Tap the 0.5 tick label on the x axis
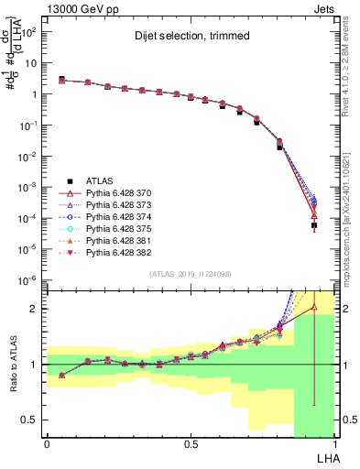(x=191, y=443)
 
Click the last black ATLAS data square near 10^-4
(x=313, y=224)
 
